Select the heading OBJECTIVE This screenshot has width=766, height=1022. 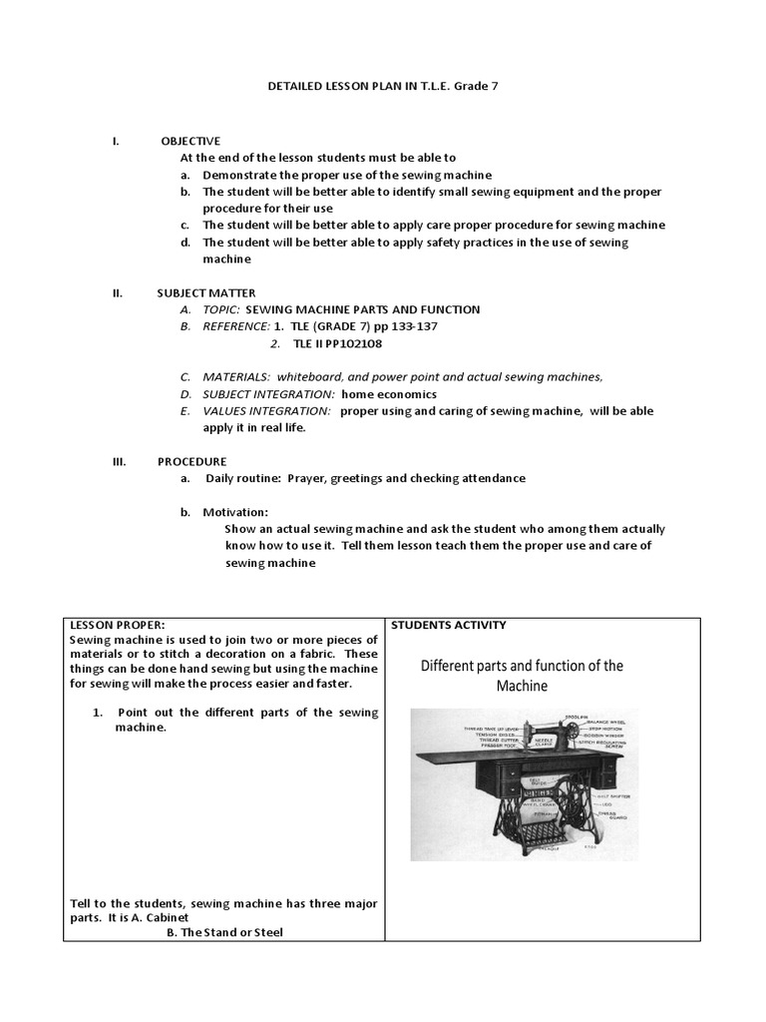[x=191, y=141]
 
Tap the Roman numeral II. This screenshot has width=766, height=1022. [x=117, y=292]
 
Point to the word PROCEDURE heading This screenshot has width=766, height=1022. [x=191, y=461]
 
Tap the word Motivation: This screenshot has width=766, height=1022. [x=235, y=512]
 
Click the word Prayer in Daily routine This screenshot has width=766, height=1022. [x=307, y=478]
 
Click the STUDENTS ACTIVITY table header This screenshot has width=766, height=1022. [x=448, y=625]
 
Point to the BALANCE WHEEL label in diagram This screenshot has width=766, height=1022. [x=606, y=723]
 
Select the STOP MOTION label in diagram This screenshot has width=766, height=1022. [x=606, y=730]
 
